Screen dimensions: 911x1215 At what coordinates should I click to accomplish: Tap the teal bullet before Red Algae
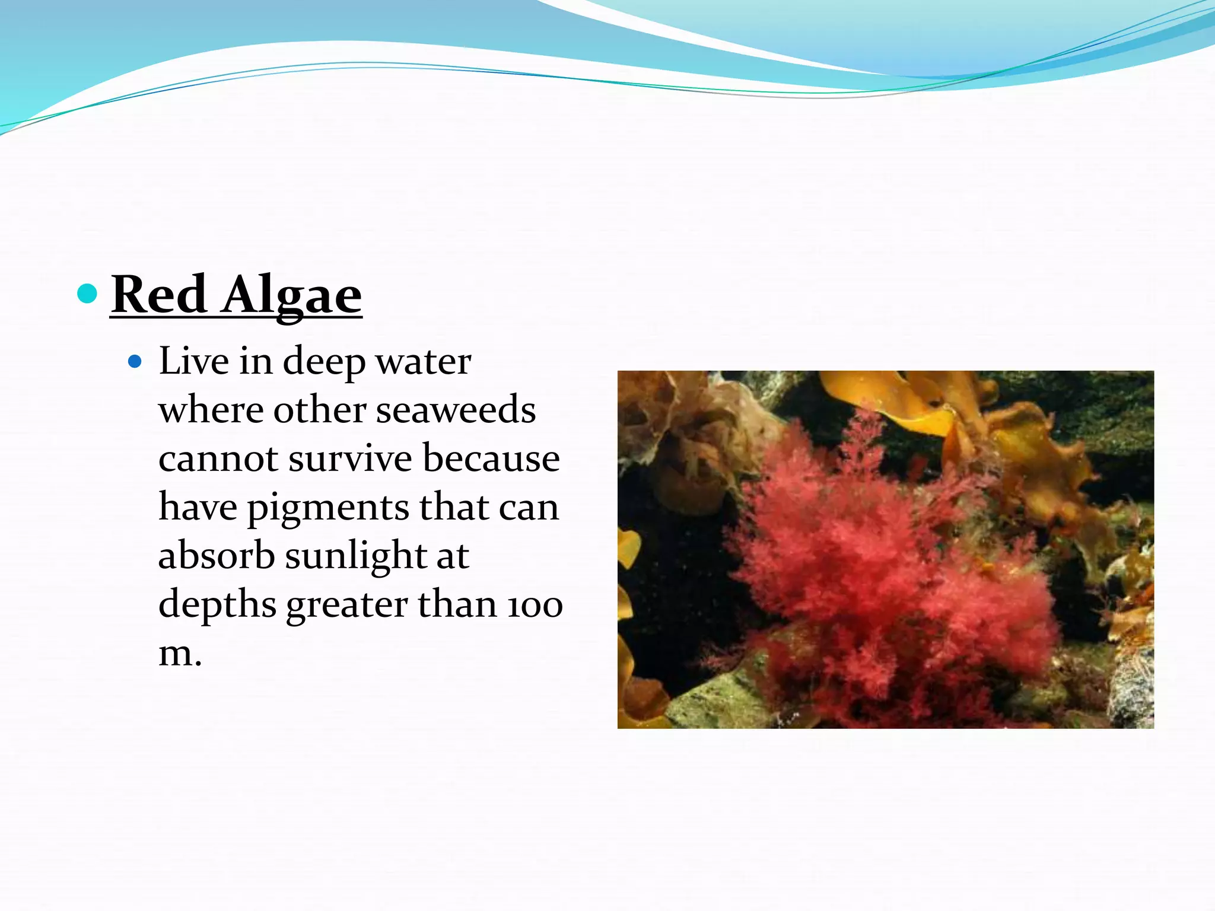[88, 293]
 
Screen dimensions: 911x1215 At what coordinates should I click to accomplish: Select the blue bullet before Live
[135, 361]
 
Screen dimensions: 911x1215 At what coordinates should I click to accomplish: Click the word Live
[193, 361]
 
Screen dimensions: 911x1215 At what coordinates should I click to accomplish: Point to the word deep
[324, 362]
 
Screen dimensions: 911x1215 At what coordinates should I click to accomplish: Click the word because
[491, 459]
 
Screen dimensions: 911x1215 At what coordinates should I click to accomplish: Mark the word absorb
[217, 556]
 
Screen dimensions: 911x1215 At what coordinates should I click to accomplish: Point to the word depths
[217, 606]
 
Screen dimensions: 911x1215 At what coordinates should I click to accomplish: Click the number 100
[535, 606]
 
